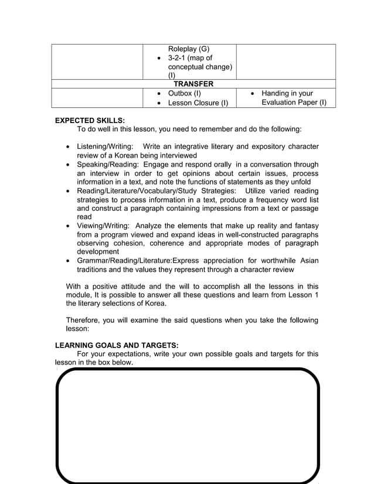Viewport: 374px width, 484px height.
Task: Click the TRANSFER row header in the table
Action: click(x=193, y=84)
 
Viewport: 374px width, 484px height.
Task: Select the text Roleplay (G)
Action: click(x=188, y=49)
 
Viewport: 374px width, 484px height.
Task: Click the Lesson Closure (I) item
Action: click(x=198, y=103)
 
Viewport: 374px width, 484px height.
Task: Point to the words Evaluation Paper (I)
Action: click(x=294, y=103)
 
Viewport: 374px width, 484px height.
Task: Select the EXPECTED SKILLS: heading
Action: click(x=90, y=120)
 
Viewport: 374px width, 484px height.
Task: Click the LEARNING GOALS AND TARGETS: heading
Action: click(x=117, y=345)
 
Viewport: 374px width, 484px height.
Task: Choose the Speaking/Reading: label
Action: click(x=107, y=165)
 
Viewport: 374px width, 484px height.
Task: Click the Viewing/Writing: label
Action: click(x=103, y=226)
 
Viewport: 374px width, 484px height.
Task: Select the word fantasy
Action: click(x=305, y=226)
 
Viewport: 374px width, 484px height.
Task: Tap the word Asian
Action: click(x=308, y=261)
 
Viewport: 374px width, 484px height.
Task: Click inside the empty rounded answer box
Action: click(x=188, y=425)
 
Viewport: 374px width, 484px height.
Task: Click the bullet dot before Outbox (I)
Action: click(x=160, y=94)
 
